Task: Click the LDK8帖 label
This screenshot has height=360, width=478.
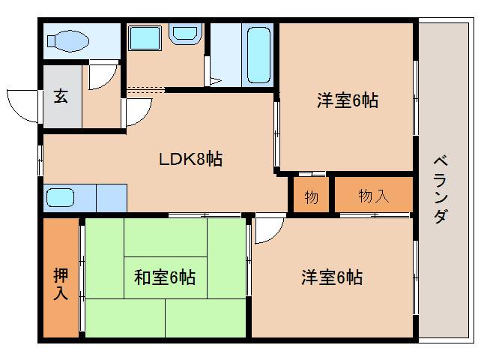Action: point(190,159)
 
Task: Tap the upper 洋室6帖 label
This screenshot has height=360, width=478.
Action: point(346,100)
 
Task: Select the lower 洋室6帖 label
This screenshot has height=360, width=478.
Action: point(332,277)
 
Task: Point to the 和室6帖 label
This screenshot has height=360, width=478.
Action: point(165,277)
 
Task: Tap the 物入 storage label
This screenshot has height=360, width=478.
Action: point(373,196)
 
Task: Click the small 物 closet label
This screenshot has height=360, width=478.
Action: point(311,197)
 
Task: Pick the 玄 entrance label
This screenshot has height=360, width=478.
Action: point(61,97)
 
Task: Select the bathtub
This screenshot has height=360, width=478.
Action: point(258,55)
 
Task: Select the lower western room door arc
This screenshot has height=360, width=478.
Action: point(268,229)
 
